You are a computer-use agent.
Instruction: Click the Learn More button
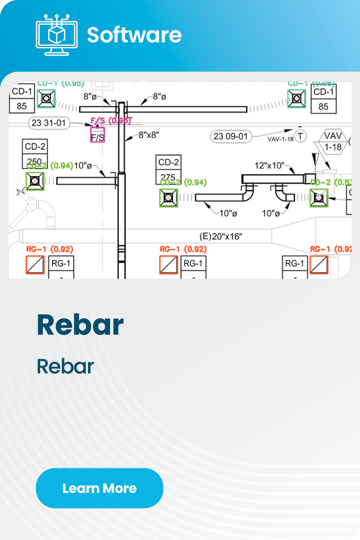point(100,488)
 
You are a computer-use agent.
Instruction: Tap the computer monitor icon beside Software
point(56,34)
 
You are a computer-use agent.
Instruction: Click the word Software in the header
point(134,35)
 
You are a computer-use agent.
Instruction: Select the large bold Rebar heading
point(80,325)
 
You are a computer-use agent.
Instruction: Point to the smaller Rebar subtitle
point(65,367)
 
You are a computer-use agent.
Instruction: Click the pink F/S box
point(97,135)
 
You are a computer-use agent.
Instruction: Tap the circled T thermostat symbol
point(300,136)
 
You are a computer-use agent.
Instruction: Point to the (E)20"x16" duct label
point(221,236)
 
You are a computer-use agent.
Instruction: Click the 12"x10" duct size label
point(269,166)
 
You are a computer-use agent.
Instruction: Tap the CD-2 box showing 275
point(168,169)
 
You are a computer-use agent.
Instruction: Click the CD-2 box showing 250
point(36,154)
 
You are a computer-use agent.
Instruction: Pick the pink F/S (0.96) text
point(111,121)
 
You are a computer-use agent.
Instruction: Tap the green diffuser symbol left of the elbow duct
point(169,197)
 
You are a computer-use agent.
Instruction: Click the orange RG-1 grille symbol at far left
point(35,265)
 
